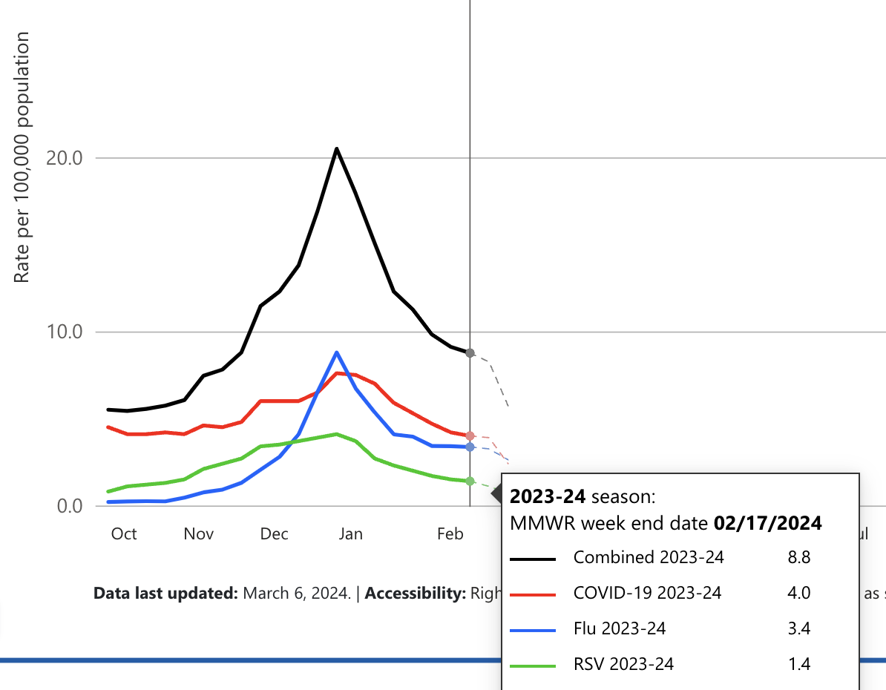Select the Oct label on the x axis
coord(123,533)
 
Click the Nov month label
coord(199,533)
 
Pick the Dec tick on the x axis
coord(274,533)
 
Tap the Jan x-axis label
coord(350,533)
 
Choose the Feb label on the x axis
coord(450,533)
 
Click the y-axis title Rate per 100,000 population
coord(22,157)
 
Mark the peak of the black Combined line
coord(336,148)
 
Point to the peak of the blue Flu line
coord(336,352)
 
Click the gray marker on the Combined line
coord(470,353)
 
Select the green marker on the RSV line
coord(470,482)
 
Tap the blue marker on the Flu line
coord(470,447)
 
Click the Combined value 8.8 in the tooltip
coord(799,557)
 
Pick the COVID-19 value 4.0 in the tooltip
coord(799,593)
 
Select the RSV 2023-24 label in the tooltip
coord(623,664)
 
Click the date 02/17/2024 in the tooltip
coord(767,523)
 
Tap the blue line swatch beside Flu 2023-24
coord(534,630)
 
